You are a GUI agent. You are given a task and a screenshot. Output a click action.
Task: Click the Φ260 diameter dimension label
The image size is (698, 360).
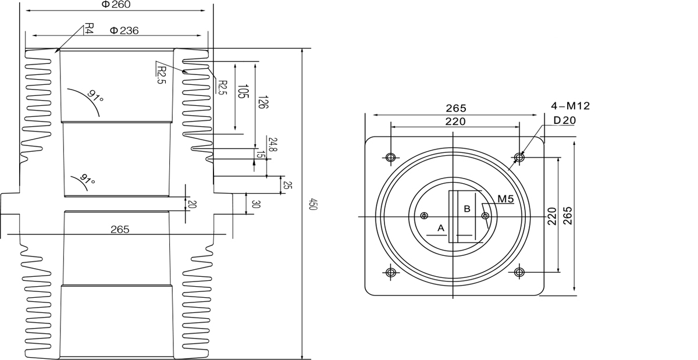click(116, 5)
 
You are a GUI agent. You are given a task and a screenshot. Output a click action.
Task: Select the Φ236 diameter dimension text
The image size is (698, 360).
click(124, 31)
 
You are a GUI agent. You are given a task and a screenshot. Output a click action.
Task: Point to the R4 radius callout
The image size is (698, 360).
click(89, 29)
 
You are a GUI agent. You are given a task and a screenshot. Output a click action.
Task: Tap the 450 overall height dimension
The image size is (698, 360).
click(312, 204)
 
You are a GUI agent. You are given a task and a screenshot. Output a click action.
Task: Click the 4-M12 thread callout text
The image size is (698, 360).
click(571, 106)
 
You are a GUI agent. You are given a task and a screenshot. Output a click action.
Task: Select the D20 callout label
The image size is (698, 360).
click(564, 120)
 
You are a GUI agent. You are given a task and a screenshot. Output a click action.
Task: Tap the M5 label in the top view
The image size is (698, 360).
click(505, 199)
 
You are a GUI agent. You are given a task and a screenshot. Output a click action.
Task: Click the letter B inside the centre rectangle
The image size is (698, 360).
click(466, 208)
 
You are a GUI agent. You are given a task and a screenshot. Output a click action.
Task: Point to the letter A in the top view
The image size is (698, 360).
click(440, 228)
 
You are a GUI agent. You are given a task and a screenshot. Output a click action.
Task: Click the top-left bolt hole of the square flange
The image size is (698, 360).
click(390, 157)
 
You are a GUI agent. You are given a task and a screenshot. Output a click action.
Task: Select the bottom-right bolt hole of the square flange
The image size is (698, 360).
click(519, 272)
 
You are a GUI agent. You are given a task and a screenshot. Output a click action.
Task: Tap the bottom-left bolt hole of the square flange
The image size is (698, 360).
click(390, 272)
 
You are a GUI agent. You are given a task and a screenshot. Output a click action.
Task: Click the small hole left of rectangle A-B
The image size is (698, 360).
click(424, 216)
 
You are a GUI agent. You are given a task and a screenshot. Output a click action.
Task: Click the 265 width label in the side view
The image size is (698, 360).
click(119, 230)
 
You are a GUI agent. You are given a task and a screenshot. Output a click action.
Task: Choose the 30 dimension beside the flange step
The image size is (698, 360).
click(256, 204)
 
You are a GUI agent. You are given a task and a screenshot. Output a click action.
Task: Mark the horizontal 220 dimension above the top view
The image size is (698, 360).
click(455, 122)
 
